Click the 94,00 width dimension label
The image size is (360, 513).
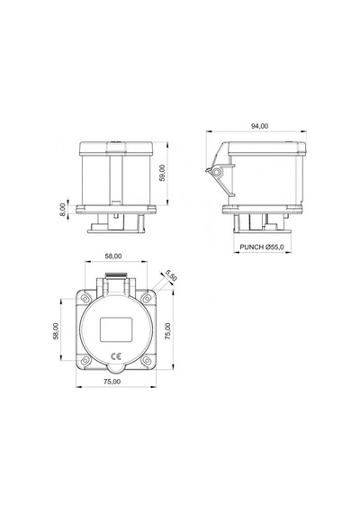point(259,126)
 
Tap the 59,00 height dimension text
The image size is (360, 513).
point(163,173)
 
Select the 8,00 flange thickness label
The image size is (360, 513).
point(62,210)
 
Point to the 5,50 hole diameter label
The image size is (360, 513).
point(171,275)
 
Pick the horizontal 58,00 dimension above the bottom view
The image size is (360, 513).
point(113,256)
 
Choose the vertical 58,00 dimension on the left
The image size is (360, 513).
point(56,331)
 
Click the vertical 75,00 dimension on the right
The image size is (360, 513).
point(167,331)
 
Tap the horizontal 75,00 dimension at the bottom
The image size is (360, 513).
point(112,382)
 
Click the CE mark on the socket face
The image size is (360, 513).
point(116,356)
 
